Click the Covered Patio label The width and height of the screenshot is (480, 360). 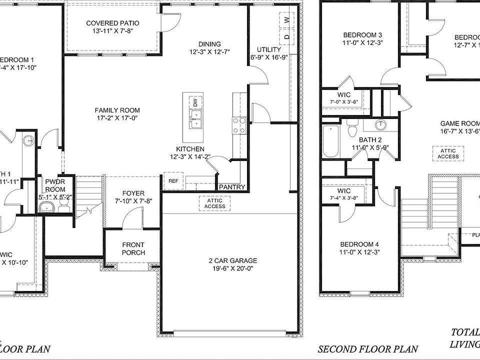point(112,23)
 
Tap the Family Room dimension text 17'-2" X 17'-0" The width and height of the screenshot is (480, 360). point(117,118)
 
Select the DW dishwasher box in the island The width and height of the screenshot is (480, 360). point(195,102)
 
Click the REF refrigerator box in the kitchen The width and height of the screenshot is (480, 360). point(173,181)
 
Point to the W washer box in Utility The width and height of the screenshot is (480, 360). point(286,20)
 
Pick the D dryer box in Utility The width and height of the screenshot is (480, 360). point(286,36)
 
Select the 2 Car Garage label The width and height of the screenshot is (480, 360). point(233,260)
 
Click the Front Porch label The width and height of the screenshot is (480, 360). point(133,248)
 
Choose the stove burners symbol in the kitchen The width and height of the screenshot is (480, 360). point(239,125)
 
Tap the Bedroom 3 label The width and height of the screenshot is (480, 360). point(362,35)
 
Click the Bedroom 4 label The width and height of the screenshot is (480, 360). point(359,244)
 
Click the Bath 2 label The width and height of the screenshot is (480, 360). point(370,140)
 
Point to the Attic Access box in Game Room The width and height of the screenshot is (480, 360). point(448,153)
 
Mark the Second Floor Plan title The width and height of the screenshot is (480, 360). point(367,349)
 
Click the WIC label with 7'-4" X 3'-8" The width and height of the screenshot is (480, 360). point(344,191)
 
